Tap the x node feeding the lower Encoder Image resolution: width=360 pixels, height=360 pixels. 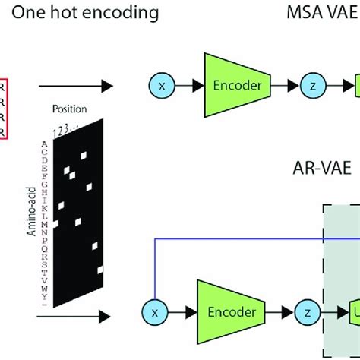153,311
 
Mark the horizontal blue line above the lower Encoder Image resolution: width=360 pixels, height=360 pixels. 251,239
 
